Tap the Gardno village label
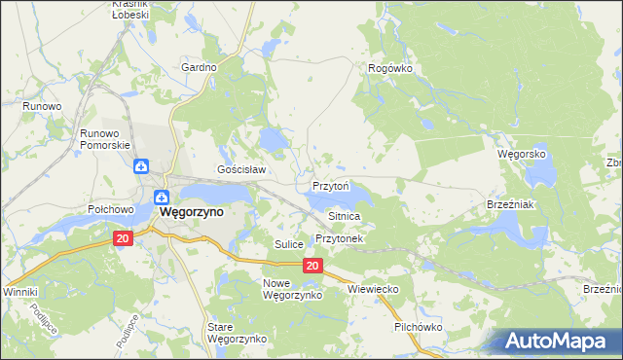[x=199, y=67]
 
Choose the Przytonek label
[x=339, y=238]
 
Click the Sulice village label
[x=289, y=243]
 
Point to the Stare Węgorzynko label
[x=237, y=333]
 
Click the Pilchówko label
[x=419, y=327]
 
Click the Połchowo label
[x=110, y=209]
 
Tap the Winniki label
[x=19, y=291]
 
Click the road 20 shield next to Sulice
[x=311, y=266]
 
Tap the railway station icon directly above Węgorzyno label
[x=162, y=191]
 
